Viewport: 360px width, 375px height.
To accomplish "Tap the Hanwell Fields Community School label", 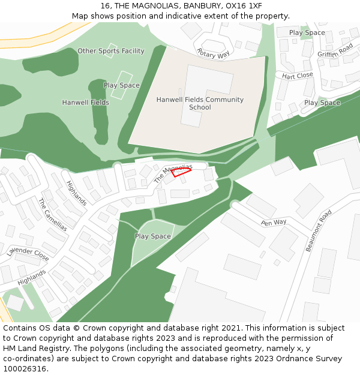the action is (200, 103).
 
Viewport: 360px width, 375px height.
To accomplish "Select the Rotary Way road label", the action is (213, 53).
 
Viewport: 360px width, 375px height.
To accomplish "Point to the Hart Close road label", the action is (298, 76).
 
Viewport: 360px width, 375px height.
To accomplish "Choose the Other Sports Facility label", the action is (111, 51).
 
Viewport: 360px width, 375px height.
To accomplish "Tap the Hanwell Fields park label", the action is (86, 103).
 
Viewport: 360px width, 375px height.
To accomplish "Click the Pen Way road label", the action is (274, 223).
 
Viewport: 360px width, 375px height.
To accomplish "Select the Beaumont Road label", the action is (319, 230).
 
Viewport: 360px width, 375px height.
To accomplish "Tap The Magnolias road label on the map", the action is (173, 173).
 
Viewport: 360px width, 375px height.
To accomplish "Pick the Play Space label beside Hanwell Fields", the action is (122, 85).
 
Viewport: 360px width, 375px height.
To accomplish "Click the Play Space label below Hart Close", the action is (322, 103).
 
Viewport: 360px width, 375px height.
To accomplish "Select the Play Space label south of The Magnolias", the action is (153, 236).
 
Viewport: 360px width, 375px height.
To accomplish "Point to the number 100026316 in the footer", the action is (25, 369).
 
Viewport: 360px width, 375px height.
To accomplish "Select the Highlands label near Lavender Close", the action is (32, 277).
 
